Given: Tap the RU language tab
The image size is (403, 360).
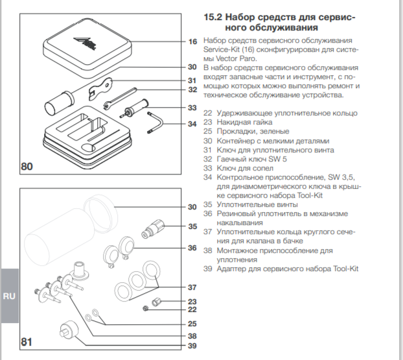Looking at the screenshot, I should tap(9, 296).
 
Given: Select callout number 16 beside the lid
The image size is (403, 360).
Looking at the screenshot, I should tap(192, 42).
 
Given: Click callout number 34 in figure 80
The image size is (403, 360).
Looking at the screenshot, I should tap(192, 123).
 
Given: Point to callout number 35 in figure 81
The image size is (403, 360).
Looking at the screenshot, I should tap(192, 226).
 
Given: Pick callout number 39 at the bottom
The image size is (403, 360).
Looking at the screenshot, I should tap(192, 346).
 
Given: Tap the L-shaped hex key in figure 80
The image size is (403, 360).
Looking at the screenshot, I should tap(155, 121).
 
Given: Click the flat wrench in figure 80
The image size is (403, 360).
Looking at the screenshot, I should tap(104, 88).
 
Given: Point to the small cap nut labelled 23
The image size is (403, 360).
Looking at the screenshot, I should tap(155, 302).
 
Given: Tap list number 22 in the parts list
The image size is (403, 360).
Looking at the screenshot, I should tap(207, 114).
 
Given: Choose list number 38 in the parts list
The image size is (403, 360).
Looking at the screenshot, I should tap(207, 250).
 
